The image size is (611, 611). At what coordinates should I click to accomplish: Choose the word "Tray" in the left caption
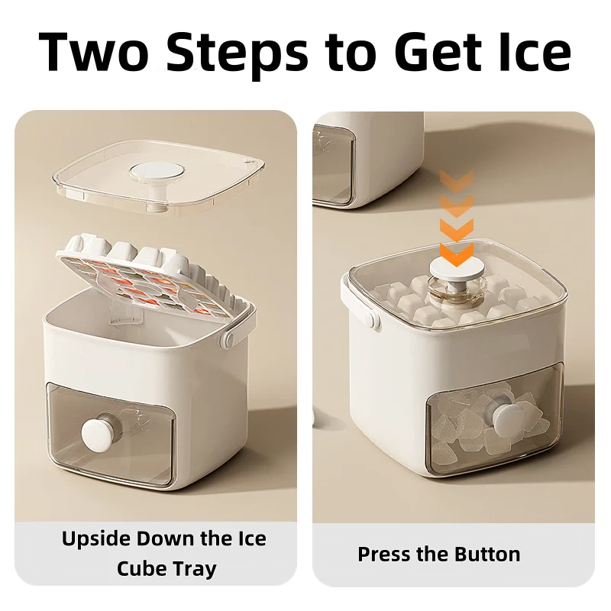(192, 569)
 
